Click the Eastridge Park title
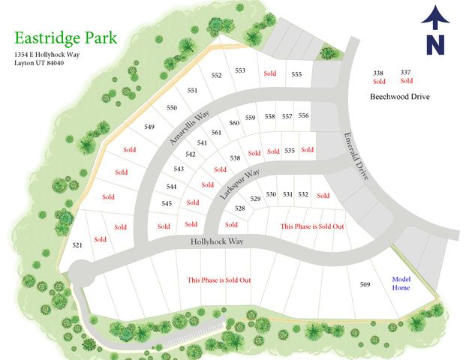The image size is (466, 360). pos(65,37)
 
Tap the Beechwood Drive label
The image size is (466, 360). pos(399,97)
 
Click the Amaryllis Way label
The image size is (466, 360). pos(187,129)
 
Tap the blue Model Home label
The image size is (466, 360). pos(401,283)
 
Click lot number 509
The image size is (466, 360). pos(365,284)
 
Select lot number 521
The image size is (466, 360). pos(77,245)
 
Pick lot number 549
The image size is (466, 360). pos(149,127)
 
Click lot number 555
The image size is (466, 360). pos(296,73)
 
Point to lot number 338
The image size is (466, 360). pos(379,73)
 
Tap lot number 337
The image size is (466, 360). pos(406,71)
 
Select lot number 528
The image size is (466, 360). pos(240,208)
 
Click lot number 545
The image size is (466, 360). pos(167,203)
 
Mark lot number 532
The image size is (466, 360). pos(303,194)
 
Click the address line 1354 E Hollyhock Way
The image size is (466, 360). pos(47,55)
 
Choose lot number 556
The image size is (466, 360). pos(303,115)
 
